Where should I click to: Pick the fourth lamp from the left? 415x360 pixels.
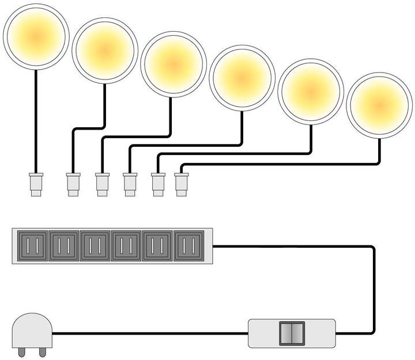pyautogui.click(x=242, y=76)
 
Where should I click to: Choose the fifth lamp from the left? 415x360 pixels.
pyautogui.click(x=311, y=90)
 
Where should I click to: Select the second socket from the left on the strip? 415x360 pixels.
pyautogui.click(x=64, y=247)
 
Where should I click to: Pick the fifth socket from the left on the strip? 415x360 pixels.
pyautogui.click(x=157, y=247)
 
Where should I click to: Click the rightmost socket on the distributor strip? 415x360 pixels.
pyautogui.click(x=188, y=247)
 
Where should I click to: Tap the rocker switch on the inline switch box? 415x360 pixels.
pyautogui.click(x=291, y=333)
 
